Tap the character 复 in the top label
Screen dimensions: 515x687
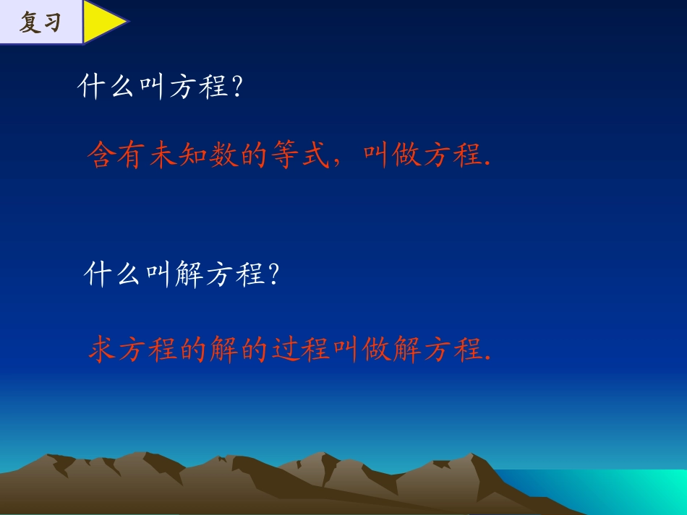coord(29,23)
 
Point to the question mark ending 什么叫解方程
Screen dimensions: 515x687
coord(273,274)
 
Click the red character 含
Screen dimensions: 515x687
coord(102,155)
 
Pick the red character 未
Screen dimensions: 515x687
coord(164,155)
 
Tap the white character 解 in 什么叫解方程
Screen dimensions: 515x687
coord(190,274)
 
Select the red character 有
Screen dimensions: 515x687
coord(133,155)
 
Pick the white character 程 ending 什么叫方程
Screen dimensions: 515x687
coord(213,88)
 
